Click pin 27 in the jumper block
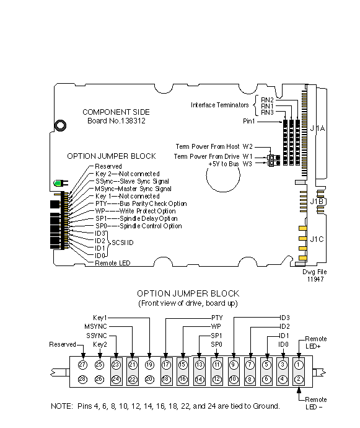click(82, 365)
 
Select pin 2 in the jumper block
click(299, 379)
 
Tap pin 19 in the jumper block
click(149, 365)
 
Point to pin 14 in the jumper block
click(200, 379)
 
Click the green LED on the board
click(58, 183)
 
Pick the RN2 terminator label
click(267, 100)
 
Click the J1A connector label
click(317, 128)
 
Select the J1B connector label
click(317, 202)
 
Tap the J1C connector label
click(317, 239)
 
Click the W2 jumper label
click(247, 146)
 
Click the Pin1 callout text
click(248, 121)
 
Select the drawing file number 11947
click(315, 279)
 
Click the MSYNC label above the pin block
click(95, 326)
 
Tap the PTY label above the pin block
click(217, 318)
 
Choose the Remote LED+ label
click(316, 342)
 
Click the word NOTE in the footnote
click(62, 406)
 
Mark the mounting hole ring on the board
click(60, 125)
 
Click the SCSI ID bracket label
click(123, 243)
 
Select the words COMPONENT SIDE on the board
click(116, 112)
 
